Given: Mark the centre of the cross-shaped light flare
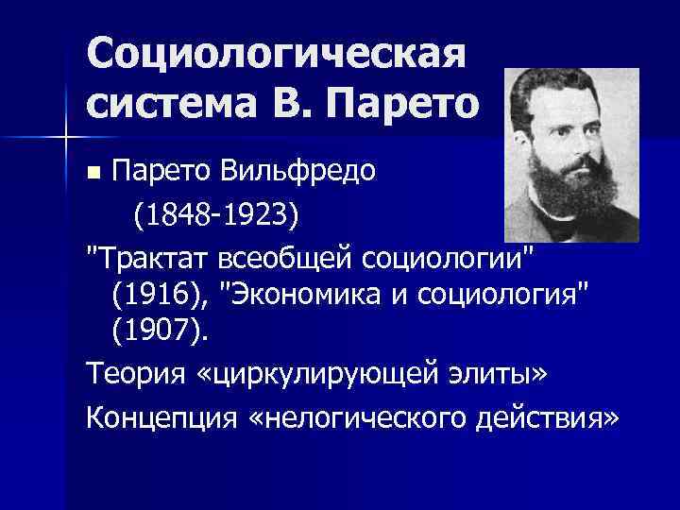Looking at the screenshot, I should click(67, 139).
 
